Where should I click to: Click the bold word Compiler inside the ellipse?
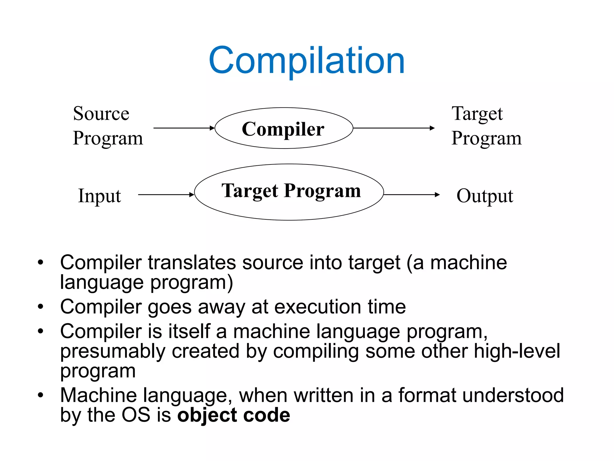(x=283, y=129)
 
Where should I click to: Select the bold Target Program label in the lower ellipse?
(x=291, y=191)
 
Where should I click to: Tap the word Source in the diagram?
(x=101, y=114)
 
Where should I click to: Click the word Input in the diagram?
(x=99, y=196)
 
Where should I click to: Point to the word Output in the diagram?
(x=484, y=196)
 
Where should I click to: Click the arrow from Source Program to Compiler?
(x=184, y=128)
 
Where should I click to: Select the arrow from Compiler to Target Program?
(x=394, y=128)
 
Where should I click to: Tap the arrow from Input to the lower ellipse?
(x=166, y=195)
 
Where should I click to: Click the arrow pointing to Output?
(x=411, y=195)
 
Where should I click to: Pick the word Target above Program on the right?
(x=477, y=114)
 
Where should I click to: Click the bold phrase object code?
(x=234, y=415)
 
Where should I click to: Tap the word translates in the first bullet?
(x=192, y=263)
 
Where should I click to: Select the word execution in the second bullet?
(x=317, y=307)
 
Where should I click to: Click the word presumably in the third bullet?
(x=113, y=351)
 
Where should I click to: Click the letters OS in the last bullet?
(x=136, y=415)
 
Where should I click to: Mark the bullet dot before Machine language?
(x=40, y=395)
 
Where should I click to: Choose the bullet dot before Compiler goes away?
(x=40, y=307)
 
